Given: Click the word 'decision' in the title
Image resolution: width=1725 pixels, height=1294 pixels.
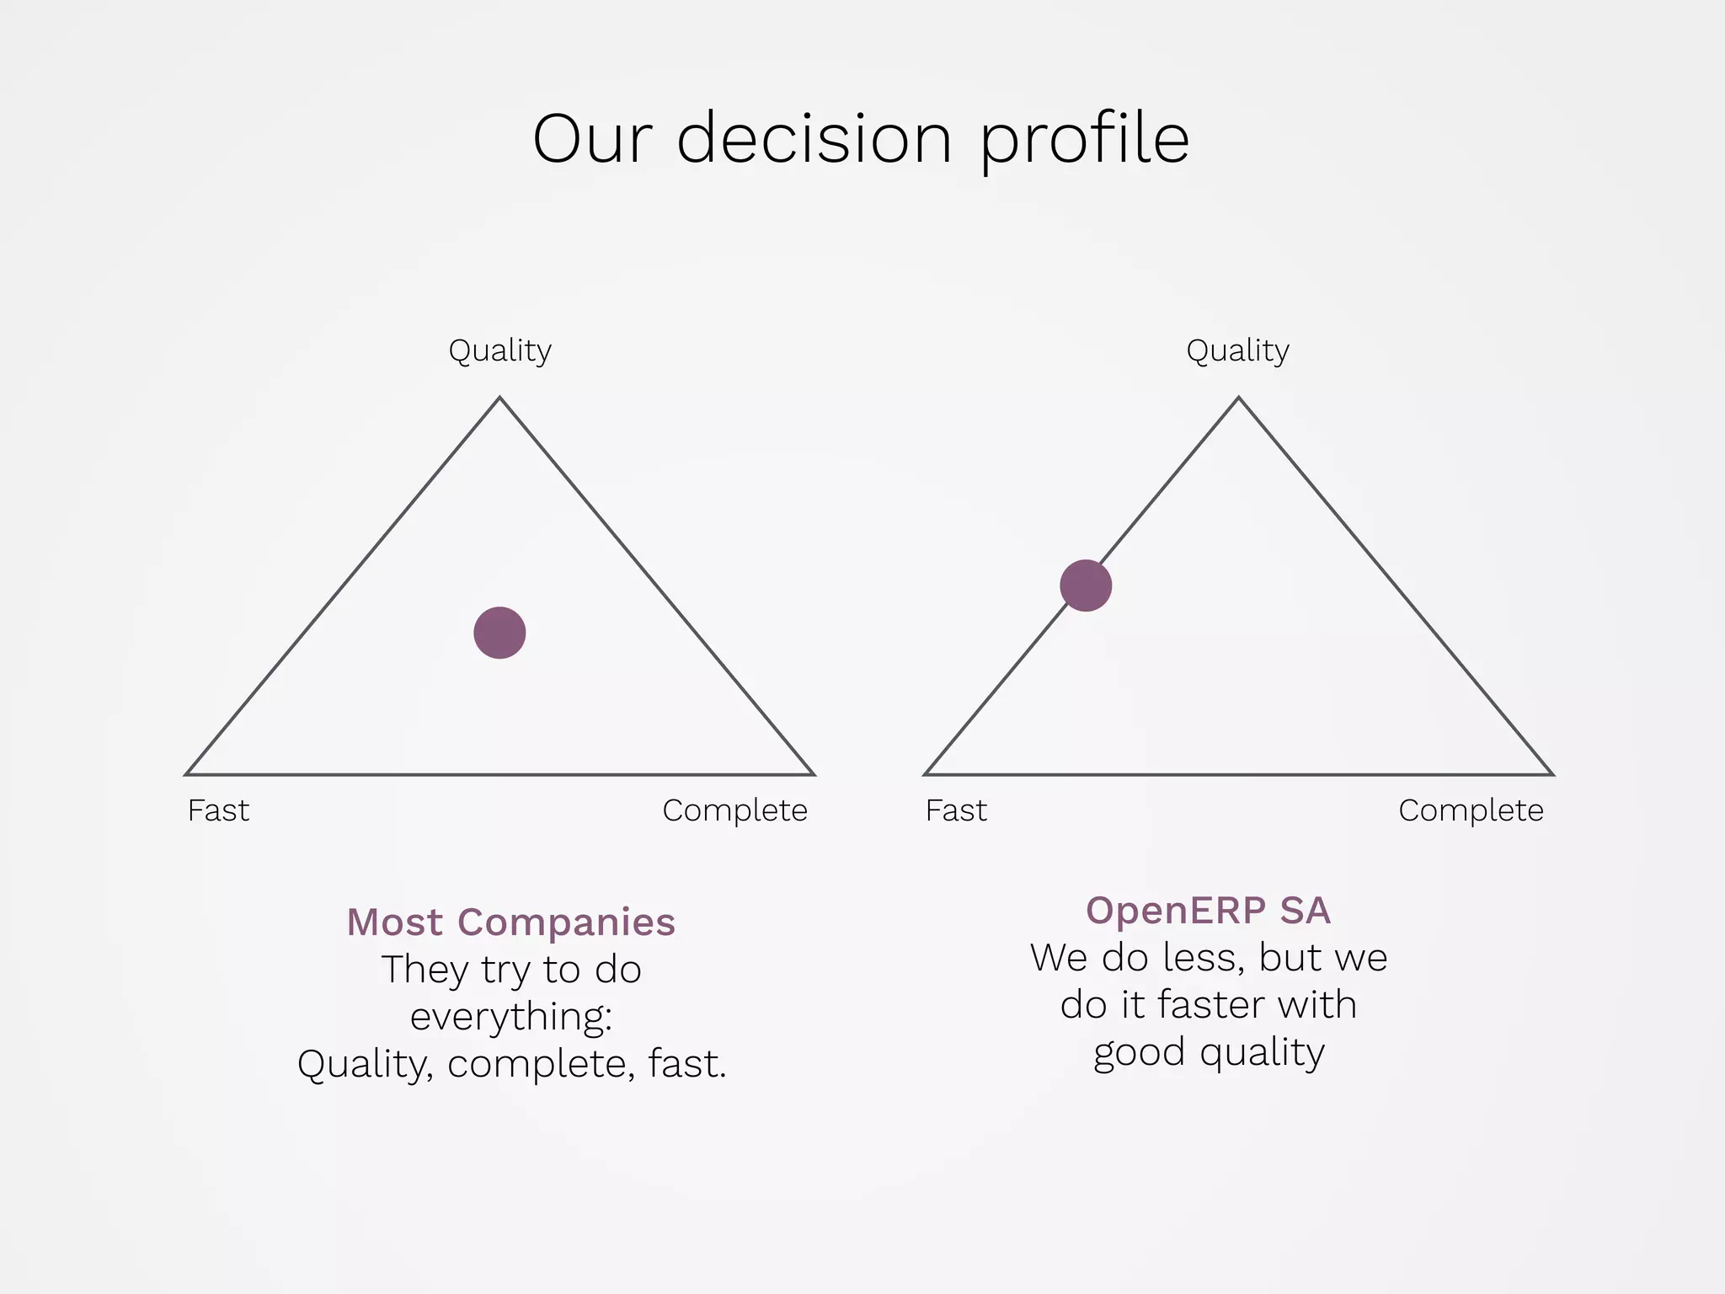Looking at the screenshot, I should click(814, 138).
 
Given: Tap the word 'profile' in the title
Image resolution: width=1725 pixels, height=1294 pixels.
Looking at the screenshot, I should click(1085, 140).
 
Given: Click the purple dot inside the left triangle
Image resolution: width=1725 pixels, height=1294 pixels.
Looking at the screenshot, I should click(499, 633).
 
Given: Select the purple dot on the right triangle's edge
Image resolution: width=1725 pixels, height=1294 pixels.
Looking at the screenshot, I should click(1086, 586).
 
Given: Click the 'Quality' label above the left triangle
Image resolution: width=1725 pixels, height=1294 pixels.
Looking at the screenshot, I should click(499, 350).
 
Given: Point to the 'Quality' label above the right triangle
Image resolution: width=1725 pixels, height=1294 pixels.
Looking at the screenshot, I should click(1237, 350).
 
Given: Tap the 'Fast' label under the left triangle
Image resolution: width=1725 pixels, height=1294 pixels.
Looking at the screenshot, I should click(218, 810).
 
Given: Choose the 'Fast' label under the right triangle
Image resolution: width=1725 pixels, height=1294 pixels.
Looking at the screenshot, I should click(956, 810).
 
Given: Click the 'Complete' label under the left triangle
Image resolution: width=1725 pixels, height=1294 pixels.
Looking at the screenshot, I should click(734, 810).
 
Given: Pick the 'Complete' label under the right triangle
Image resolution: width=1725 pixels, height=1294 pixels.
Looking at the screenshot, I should click(1471, 810).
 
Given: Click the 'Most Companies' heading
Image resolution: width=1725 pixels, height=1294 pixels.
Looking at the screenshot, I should click(510, 922).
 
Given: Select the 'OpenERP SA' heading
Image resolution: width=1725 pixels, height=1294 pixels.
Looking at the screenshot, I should click(1208, 910).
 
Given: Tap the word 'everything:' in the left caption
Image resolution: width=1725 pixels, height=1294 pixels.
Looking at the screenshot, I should click(510, 1017).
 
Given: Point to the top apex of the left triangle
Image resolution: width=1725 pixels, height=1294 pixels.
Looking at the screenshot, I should click(499, 398).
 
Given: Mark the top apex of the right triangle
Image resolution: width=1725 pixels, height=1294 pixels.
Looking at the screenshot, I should click(1238, 398).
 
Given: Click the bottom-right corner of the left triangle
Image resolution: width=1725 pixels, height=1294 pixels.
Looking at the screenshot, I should click(812, 773).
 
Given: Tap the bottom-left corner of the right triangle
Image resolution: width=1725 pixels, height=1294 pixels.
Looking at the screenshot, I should click(927, 773).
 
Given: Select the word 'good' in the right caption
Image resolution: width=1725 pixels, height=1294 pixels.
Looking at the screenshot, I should click(1139, 1053).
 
